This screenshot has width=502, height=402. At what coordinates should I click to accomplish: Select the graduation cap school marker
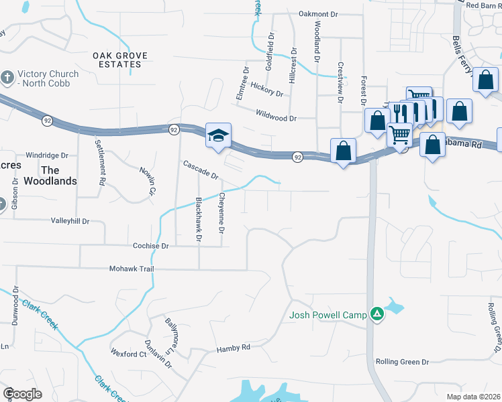coord(218,135)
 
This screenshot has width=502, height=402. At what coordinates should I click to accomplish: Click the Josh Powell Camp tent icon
coord(377,314)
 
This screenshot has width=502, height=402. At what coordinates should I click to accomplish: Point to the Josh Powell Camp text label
coord(328,314)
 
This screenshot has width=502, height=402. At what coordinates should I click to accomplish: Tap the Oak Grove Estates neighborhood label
coord(117,60)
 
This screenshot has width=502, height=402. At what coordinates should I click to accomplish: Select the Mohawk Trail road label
coord(132,269)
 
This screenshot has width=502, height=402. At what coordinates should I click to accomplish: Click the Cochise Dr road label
coord(150,246)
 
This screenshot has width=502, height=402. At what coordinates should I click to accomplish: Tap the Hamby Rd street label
coord(233,348)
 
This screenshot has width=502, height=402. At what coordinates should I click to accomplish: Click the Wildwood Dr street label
coord(276,118)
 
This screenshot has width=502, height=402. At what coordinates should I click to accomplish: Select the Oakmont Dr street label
coord(320,13)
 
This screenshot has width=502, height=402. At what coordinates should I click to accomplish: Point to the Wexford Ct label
coord(128,354)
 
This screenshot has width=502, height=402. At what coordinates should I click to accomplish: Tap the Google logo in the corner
coord(22,393)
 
